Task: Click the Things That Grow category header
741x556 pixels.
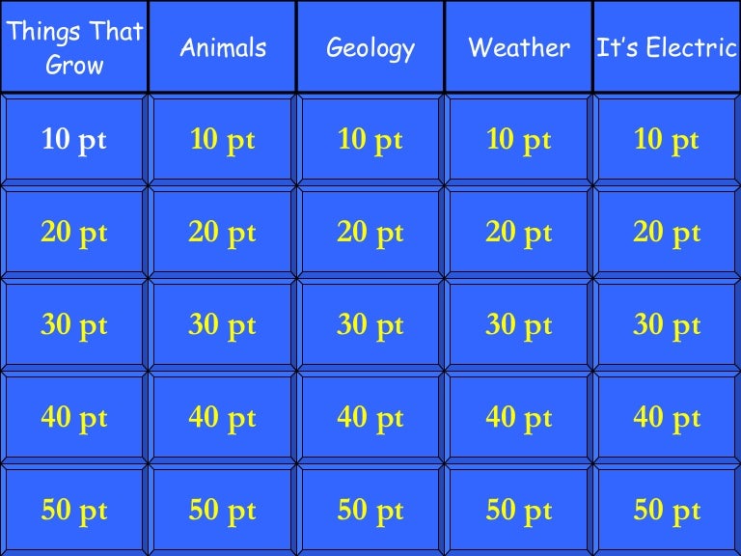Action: tap(74, 46)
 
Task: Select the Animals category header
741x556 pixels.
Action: tap(223, 47)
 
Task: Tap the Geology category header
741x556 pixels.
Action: tap(370, 47)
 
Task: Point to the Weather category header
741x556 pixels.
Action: tap(519, 47)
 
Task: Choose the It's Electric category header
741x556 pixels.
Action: tap(667, 47)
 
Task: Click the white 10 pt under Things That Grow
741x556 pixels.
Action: tap(74, 140)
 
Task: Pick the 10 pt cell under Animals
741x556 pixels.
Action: tap(223, 140)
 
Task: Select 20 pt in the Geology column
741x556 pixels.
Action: tap(370, 233)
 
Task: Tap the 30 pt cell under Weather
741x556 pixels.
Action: tap(519, 325)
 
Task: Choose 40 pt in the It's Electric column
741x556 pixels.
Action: tap(667, 418)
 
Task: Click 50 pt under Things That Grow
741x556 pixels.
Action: tap(74, 511)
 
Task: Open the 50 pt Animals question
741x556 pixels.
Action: tap(223, 511)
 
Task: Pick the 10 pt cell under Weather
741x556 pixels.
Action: tap(519, 140)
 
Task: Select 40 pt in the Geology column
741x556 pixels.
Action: tap(370, 418)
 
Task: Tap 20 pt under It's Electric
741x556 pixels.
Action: tap(667, 233)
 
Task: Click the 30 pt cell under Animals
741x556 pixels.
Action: tap(223, 325)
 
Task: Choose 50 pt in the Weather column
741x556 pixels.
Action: tap(519, 511)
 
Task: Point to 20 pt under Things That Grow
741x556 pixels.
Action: tap(74, 233)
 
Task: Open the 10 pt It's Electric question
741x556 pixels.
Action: tap(667, 140)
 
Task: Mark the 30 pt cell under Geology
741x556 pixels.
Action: tap(370, 325)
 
